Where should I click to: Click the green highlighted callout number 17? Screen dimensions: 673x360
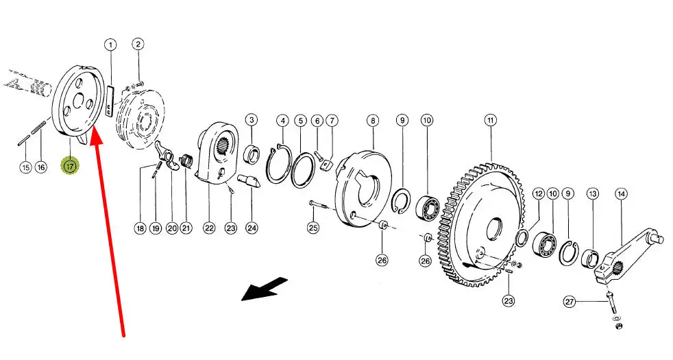click(70, 166)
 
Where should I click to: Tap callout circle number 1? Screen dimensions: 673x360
click(110, 45)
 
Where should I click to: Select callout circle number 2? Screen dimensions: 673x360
click(138, 44)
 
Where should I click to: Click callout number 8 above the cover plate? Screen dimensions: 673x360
click(373, 120)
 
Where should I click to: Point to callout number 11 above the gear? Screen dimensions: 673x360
click(491, 120)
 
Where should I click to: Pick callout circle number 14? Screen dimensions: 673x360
click(621, 194)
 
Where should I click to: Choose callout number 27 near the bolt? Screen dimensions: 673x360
click(570, 302)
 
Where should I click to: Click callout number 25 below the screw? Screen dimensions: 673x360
click(313, 227)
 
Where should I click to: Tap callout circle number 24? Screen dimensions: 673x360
click(252, 228)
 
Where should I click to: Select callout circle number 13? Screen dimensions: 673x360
click(593, 194)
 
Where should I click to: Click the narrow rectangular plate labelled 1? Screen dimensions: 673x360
click(110, 101)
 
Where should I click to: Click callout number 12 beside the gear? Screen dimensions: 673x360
click(539, 194)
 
